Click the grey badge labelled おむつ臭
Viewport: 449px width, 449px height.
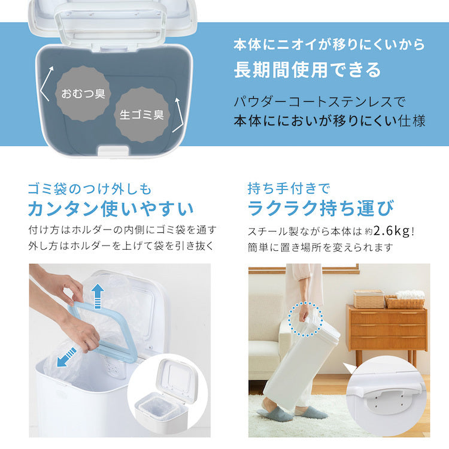point(83,93)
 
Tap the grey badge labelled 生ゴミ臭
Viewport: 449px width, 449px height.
point(142,115)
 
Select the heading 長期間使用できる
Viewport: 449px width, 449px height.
point(308,70)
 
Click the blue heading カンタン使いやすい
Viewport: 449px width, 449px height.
point(111,208)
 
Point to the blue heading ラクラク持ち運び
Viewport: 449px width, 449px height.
point(321,208)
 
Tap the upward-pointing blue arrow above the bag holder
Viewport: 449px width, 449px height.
point(98,296)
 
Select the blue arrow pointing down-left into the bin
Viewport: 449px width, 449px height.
point(66,357)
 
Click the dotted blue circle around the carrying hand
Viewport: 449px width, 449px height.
point(305,318)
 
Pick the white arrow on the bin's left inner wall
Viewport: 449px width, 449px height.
point(46,84)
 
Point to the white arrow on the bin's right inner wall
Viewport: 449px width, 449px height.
point(178,115)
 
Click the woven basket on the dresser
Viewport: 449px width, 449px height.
point(404,302)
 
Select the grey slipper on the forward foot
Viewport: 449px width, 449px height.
point(274,414)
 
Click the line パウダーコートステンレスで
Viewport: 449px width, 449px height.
point(319,102)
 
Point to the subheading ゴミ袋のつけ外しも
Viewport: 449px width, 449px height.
point(90,189)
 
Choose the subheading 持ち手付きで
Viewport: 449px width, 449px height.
point(289,189)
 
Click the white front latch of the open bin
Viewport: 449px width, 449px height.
point(113,151)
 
